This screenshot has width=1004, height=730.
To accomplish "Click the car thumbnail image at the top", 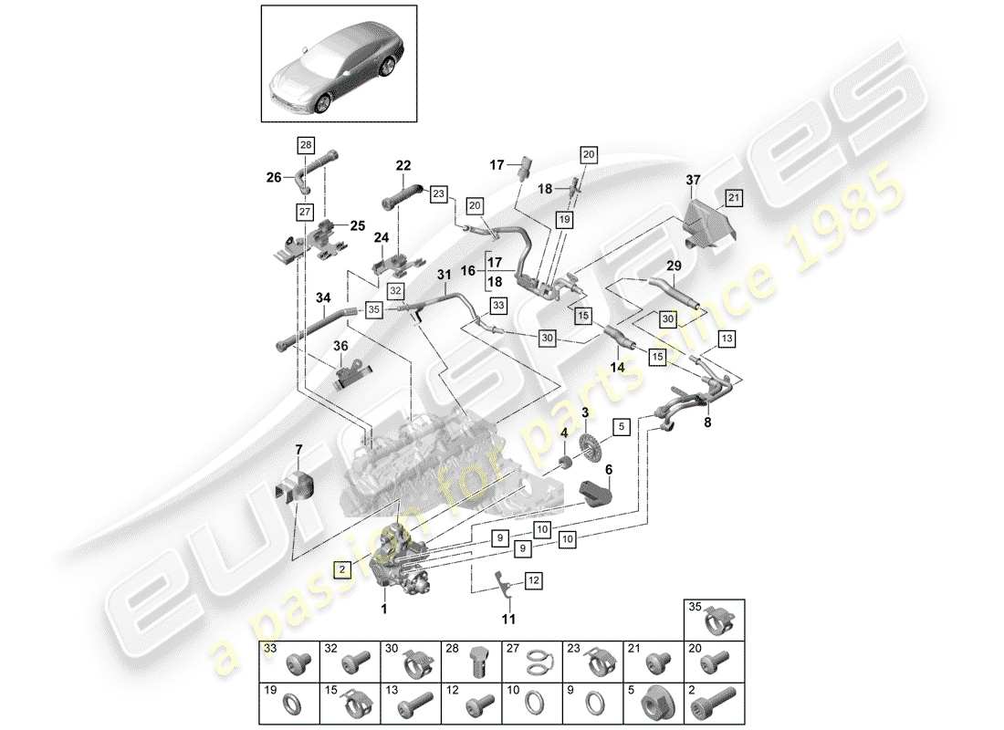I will pyautogui.click(x=340, y=63).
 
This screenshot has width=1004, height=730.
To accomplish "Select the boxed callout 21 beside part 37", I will pyautogui.click(x=733, y=198).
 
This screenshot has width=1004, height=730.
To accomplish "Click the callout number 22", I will pyautogui.click(x=403, y=165).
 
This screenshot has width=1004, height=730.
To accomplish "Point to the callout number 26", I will pyautogui.click(x=273, y=178).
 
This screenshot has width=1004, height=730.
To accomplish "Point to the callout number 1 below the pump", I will pyautogui.click(x=385, y=609).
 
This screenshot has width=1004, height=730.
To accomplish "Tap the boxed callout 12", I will pyautogui.click(x=533, y=579).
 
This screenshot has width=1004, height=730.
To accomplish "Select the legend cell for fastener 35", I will pyautogui.click(x=714, y=620).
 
